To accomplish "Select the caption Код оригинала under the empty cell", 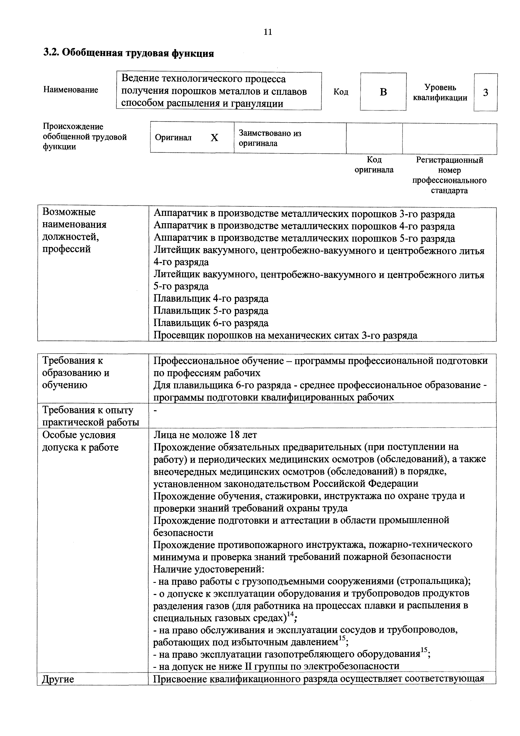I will pos(374,165).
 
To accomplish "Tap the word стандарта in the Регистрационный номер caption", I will pos(449,191).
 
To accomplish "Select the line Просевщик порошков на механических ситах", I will pos(285,335).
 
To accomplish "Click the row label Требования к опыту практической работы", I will pos(91,416).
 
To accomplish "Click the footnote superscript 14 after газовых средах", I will pos(290,614).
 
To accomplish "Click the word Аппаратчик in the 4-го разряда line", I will pos(180,226).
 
